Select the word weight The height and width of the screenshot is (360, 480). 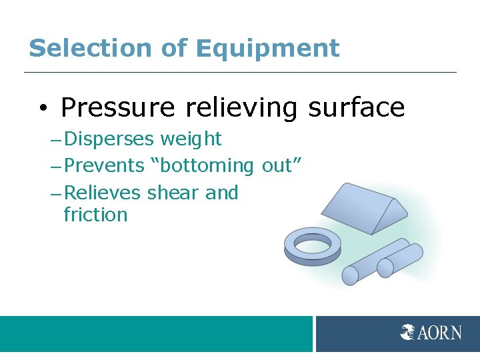tap(191, 139)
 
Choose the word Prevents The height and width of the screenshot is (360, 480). tap(104, 165)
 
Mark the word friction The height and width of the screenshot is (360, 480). tap(95, 215)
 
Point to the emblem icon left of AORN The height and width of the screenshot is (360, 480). tap(409, 332)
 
